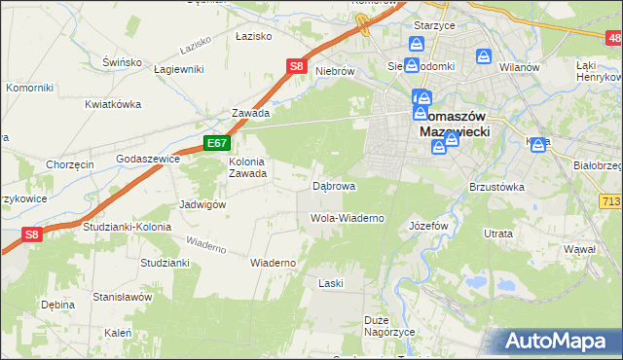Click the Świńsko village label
coord(123,61)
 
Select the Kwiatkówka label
coord(113,104)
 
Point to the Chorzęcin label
coord(70,164)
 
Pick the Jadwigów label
coord(202,205)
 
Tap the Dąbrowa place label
coord(333,185)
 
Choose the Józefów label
coord(428,225)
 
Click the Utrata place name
coord(498,234)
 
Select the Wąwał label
coord(579,250)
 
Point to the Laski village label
coord(332,283)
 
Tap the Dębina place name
coord(58,305)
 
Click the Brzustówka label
coord(496,186)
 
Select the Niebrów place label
coord(333,71)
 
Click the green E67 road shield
coord(217,144)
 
